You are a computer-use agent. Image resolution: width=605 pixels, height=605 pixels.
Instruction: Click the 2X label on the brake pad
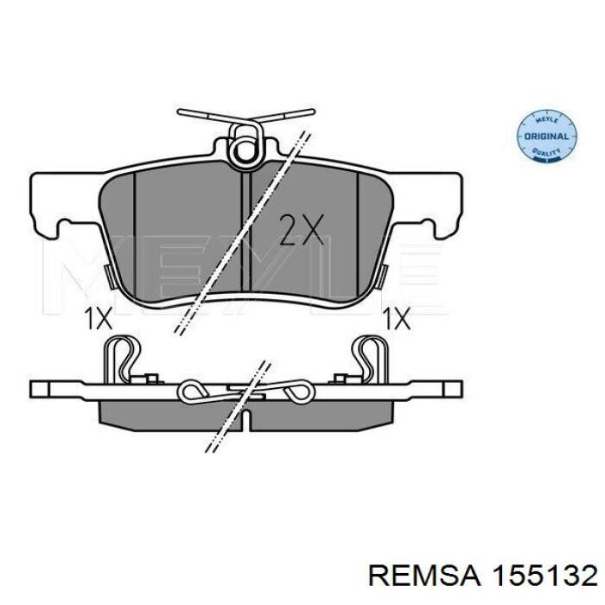tap(302, 230)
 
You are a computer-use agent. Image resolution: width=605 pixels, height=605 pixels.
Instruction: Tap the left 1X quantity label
tap(98, 319)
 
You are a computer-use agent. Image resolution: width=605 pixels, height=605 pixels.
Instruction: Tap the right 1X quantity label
tap(396, 319)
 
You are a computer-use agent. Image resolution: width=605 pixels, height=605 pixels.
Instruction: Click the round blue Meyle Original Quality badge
tap(547, 136)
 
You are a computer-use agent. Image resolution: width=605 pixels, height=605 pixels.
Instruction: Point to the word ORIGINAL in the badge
tap(547, 137)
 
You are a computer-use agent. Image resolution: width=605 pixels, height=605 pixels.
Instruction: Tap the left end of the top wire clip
tap(180, 112)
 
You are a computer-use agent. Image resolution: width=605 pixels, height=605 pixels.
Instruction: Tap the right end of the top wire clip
tap(312, 112)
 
